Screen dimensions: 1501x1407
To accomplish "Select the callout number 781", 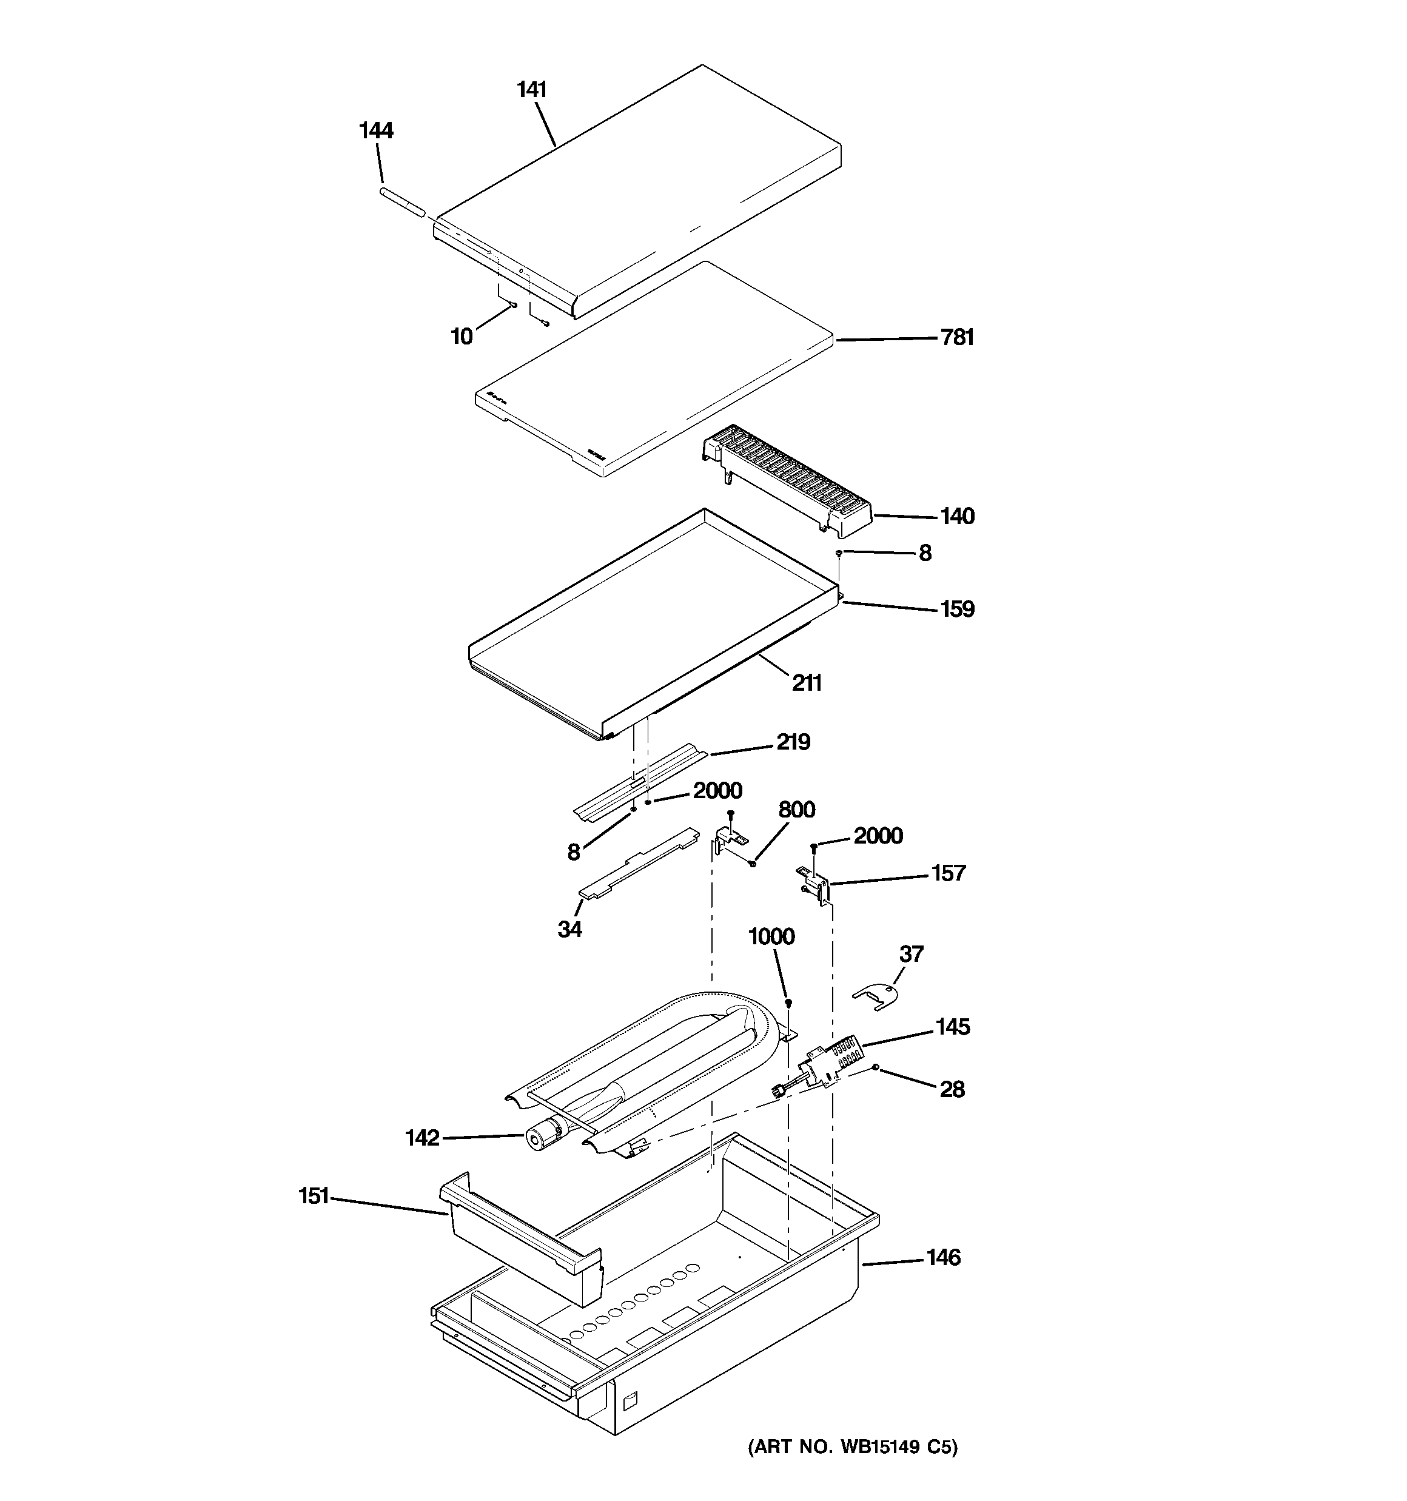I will click(957, 338).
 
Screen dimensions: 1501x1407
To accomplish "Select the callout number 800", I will click(796, 810).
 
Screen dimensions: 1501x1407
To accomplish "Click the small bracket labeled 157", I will click(816, 884).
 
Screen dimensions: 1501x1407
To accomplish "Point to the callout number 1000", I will click(771, 937).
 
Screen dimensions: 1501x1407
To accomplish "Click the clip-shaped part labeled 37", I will click(877, 995).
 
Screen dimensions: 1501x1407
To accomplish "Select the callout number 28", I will click(952, 1089).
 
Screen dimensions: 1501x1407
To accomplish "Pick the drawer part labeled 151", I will click(521, 1238).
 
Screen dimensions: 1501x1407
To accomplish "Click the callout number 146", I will click(943, 1258).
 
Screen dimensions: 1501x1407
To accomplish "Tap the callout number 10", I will click(462, 337).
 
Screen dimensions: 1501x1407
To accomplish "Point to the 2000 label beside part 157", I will click(878, 836).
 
